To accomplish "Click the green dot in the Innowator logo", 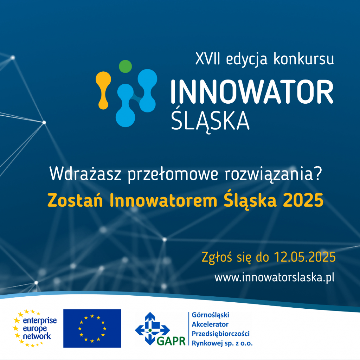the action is point(126,66).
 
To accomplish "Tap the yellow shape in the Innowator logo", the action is point(103,90).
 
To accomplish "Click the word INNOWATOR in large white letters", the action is point(252,92).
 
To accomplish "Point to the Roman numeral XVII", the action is point(208,59).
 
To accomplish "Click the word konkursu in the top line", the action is point(304,59).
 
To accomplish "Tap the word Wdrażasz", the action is point(85,174).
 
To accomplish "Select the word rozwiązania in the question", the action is point(269,174).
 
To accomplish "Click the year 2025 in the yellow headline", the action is point(303,200).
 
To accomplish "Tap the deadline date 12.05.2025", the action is point(305,257).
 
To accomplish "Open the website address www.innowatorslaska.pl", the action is point(274,278).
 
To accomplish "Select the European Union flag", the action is point(92,328).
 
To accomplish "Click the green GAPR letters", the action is point(171,341).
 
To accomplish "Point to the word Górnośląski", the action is point(210,315).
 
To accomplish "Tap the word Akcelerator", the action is point(210,324).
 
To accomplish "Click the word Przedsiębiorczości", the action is point(221,334).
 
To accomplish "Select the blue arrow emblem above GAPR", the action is point(152,328).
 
